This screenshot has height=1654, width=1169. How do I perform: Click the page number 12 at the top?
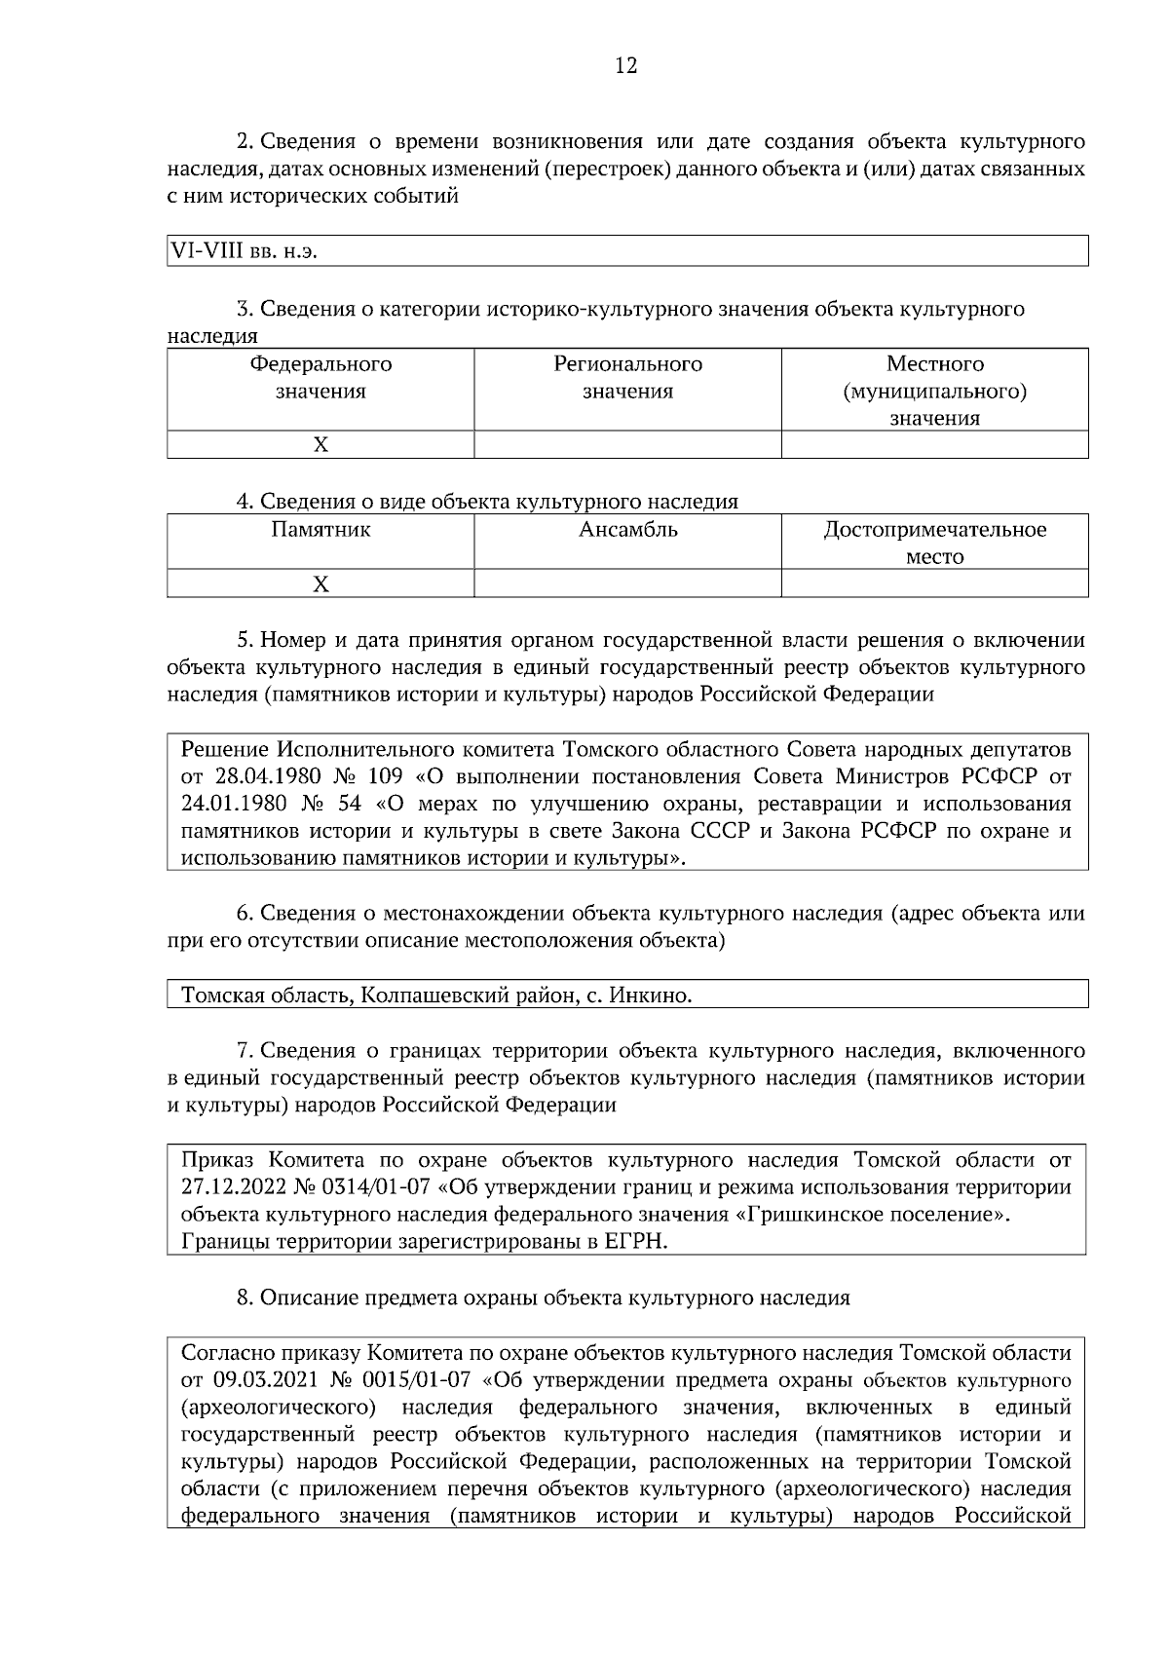626,66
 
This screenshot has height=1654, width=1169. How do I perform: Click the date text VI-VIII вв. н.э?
245,250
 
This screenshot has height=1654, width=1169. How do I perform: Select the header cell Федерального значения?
321,378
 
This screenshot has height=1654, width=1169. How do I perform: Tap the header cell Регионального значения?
627,378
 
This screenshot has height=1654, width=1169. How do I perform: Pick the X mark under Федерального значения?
321,445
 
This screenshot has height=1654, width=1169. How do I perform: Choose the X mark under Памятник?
321,584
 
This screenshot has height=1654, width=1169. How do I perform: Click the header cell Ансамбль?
627,531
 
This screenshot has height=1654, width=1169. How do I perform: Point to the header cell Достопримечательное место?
934,543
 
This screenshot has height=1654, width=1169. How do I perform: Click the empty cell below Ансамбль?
627,584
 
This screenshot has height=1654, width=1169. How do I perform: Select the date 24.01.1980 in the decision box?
234,805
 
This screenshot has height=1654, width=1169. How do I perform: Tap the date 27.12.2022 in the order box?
234,1187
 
